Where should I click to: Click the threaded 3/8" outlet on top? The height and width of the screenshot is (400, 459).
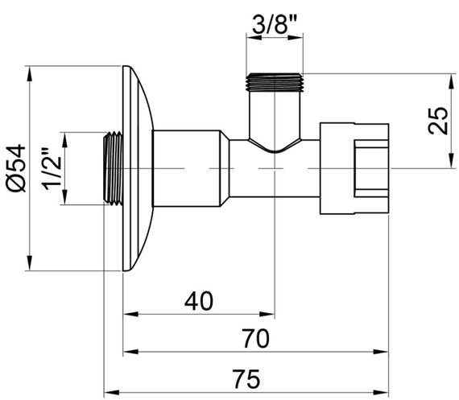(x=276, y=81)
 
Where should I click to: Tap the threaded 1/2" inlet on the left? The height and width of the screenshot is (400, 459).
(x=113, y=169)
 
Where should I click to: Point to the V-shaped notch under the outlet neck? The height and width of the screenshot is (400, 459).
(x=276, y=149)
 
